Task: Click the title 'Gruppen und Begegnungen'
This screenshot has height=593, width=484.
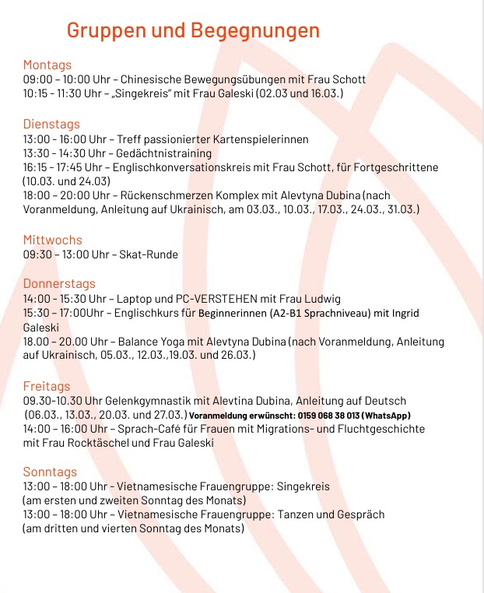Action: pos(193,30)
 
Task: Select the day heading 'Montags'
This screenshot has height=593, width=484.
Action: pos(47,65)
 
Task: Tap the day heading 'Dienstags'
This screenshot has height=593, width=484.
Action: pos(51,124)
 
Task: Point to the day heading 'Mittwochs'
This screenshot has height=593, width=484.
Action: pos(52,240)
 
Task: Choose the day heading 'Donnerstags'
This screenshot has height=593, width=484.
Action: pos(59,283)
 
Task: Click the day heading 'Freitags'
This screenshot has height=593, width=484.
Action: pos(47,386)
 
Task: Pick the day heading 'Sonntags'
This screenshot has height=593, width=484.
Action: pos(50,472)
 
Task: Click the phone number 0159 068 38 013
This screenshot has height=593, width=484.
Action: pos(335,416)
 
